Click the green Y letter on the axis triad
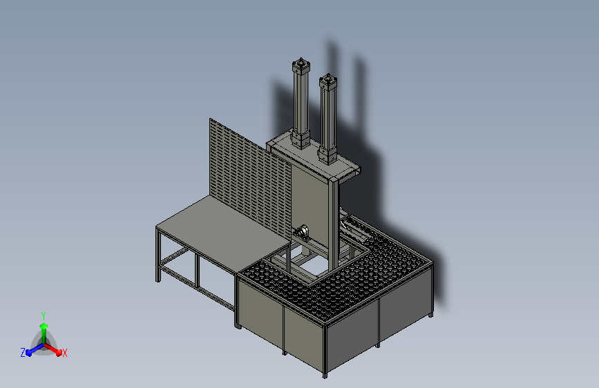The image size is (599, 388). click(43, 314)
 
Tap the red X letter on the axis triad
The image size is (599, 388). click(64, 353)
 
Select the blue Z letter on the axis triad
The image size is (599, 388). click(23, 353)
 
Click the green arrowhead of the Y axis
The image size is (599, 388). click(43, 324)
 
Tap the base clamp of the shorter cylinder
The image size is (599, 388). click(327, 155)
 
